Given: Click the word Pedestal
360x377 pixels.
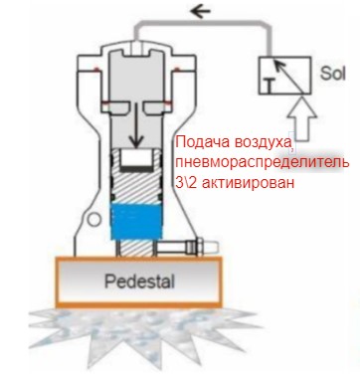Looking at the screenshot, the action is click(139, 282).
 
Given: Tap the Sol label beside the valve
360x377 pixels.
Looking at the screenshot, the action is click(332, 74).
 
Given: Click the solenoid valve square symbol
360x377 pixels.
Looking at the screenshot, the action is click(284, 76).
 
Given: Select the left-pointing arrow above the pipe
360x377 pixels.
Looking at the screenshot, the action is click(201, 12).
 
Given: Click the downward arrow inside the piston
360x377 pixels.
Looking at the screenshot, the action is click(135, 125).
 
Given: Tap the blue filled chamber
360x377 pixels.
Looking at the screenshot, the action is click(136, 222).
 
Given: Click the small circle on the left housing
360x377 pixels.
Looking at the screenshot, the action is click(94, 220).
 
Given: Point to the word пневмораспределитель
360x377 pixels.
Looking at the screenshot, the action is click(262, 163).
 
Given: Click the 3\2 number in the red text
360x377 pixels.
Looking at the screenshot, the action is click(187, 182).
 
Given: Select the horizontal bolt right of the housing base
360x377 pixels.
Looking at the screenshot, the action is click(187, 247).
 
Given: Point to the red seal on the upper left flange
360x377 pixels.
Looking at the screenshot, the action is click(96, 69).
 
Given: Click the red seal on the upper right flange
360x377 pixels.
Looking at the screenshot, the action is click(177, 69).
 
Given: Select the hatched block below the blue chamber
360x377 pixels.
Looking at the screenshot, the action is click(136, 248).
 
